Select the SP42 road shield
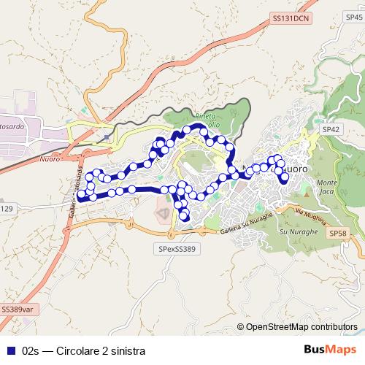click(331, 129)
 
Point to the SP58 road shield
click(337, 233)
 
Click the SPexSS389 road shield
click(177, 248)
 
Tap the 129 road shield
click(6, 210)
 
